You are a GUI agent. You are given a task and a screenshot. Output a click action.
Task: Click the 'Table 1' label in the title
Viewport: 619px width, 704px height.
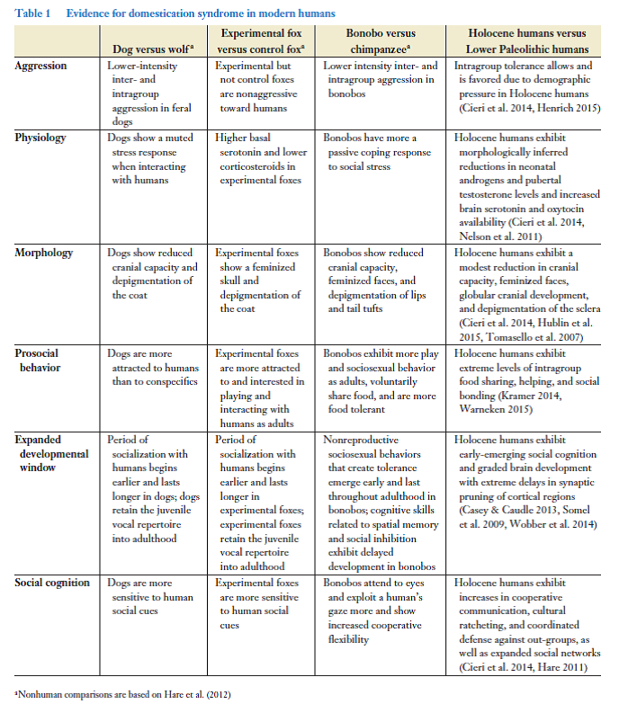pos(33,13)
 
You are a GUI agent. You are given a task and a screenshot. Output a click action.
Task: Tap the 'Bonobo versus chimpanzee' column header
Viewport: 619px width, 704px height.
pos(378,40)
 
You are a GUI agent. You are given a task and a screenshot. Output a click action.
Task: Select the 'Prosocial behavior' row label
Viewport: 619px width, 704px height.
pos(41,360)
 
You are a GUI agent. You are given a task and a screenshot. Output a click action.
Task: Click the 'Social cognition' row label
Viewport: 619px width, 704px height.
pos(52,583)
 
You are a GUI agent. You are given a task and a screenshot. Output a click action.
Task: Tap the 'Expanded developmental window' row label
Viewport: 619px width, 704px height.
pos(51,453)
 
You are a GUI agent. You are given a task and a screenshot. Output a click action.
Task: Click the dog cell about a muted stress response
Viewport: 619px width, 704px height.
pos(148,159)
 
